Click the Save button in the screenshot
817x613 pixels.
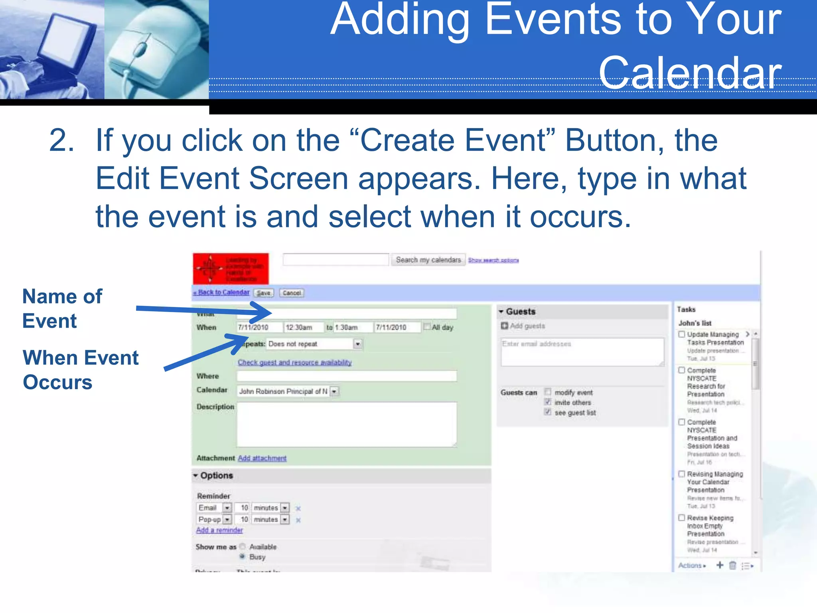(x=263, y=293)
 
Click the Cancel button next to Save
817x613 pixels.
(x=292, y=293)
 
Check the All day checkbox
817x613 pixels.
(x=427, y=327)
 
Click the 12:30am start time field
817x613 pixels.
(x=303, y=328)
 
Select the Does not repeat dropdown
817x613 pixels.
(x=314, y=344)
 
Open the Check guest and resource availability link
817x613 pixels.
(x=294, y=362)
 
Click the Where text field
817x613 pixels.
(x=346, y=376)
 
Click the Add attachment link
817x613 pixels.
(x=262, y=458)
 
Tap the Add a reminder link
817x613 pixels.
(x=219, y=530)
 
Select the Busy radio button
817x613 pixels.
(x=242, y=556)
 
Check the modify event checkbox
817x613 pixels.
(x=548, y=392)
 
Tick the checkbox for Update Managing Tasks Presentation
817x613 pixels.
(x=682, y=334)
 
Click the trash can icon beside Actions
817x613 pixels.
(x=732, y=566)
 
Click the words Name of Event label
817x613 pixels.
(x=62, y=308)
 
